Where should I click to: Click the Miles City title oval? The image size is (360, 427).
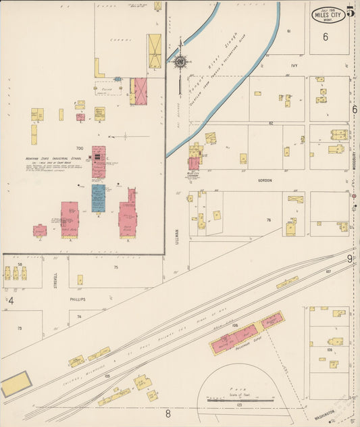[328, 14]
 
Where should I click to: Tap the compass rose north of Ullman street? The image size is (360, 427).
[180, 62]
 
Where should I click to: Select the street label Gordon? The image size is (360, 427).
[265, 180]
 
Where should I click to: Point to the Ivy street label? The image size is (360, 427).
[294, 66]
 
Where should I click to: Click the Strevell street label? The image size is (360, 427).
[56, 278]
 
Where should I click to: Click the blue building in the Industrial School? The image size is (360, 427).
[99, 199]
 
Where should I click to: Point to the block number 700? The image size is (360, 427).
[79, 148]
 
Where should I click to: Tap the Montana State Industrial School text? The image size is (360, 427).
[53, 159]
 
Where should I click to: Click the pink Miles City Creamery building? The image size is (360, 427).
[194, 163]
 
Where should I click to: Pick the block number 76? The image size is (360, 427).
[268, 220]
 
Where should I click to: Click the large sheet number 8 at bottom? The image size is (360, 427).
[168, 413]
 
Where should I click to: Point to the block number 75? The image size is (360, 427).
[115, 268]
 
